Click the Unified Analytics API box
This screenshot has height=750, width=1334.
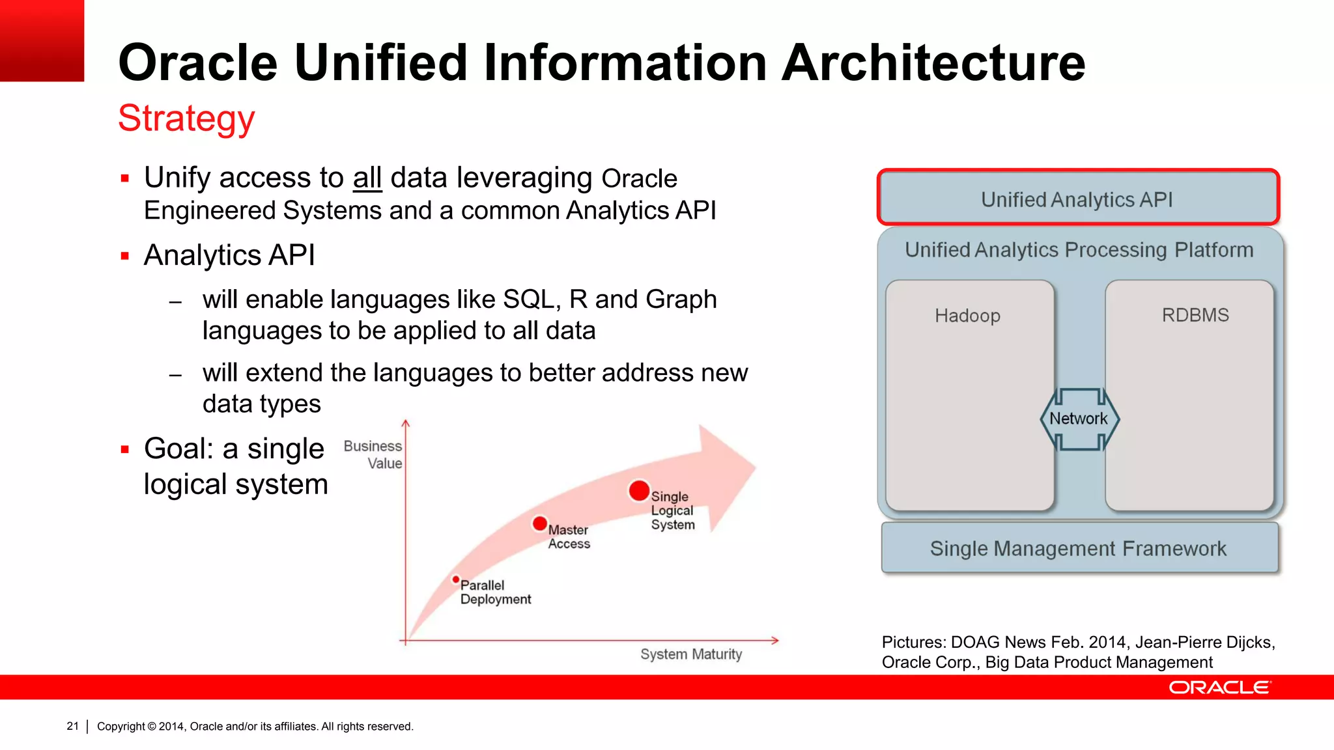pos(1077,198)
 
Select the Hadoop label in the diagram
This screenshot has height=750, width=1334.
pos(967,316)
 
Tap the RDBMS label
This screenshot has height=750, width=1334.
pos(1195,315)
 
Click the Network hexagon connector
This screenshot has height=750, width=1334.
pos(1079,419)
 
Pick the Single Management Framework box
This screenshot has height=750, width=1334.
pos(1079,548)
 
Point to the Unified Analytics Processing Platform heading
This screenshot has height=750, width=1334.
pos(1079,250)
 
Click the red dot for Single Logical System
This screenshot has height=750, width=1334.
pos(639,490)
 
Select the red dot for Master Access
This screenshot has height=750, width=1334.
pos(539,523)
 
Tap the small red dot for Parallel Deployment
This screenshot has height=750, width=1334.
pos(456,579)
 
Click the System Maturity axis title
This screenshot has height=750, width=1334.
pos(690,654)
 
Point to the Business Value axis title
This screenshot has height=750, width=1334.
pos(374,454)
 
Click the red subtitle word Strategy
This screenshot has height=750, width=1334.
pos(186,119)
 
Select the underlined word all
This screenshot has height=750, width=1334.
pos(367,178)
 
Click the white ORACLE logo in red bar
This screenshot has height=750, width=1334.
pos(1219,687)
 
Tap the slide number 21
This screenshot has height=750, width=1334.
pos(72,726)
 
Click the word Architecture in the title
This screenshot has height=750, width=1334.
pos(933,63)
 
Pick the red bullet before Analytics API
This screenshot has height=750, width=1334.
pos(125,256)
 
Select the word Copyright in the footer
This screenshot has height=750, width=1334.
pos(121,727)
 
